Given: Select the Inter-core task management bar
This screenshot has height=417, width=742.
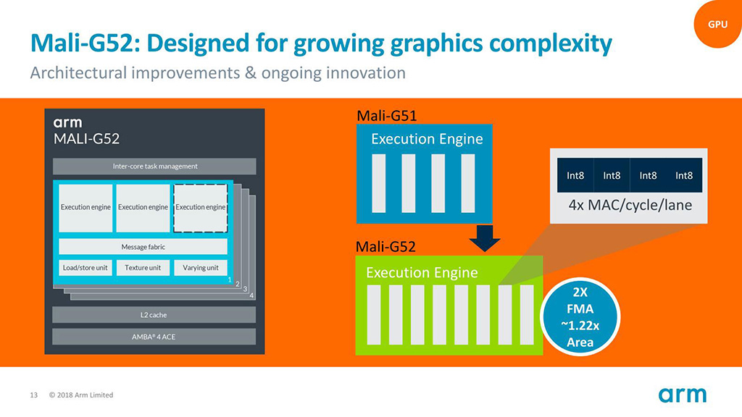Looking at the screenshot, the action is tap(154, 167).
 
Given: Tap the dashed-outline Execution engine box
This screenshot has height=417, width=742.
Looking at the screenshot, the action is tap(201, 208).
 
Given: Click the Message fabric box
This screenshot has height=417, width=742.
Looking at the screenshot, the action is tap(143, 247).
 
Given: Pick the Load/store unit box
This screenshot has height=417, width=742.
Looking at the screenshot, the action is tap(86, 268).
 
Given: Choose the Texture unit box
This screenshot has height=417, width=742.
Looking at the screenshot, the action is tap(143, 268).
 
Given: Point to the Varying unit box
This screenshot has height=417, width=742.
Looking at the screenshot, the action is tap(201, 268).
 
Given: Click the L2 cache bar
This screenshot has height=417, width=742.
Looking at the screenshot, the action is tap(154, 315).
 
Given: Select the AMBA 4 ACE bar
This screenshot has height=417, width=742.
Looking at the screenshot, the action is tap(154, 337).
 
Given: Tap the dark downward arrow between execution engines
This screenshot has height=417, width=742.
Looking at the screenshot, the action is tap(485, 237).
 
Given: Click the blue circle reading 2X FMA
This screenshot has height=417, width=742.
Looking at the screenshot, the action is tap(580, 317).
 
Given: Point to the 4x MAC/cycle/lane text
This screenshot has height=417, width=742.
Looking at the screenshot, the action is tap(630, 205).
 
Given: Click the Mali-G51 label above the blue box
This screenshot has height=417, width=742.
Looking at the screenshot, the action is tap(386, 116).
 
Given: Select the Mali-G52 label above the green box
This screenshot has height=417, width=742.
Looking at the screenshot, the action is tap(385, 247).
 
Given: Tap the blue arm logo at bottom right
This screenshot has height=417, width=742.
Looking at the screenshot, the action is tap(683, 395).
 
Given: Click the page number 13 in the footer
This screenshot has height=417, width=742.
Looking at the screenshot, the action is tap(33, 395).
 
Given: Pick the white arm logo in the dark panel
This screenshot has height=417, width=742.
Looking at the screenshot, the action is tap(67, 123).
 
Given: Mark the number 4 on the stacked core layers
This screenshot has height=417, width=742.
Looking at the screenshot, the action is tap(251, 296).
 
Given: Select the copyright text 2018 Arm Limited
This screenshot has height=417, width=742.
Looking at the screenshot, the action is tap(81, 395).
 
